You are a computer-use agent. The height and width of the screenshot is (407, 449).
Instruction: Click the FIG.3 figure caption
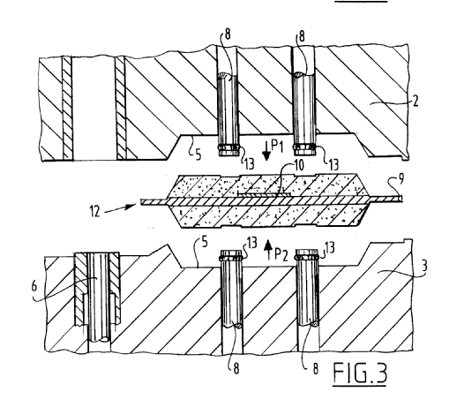pos(360,373)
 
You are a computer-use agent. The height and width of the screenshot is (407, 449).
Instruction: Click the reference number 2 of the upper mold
pos(415,102)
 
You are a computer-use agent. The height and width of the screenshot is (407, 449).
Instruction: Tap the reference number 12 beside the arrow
pos(95,211)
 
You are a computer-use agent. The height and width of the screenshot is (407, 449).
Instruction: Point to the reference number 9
pos(400,178)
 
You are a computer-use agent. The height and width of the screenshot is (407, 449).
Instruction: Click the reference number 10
pos(298,165)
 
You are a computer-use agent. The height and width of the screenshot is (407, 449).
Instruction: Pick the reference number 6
pos(34,286)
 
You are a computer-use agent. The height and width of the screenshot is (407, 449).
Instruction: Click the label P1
pos(277,147)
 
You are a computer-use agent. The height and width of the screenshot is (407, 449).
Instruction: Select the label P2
pos(281,255)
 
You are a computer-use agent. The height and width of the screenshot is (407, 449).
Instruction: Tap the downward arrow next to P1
pos(266,151)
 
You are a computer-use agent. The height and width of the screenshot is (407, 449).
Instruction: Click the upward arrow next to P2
pos(268,250)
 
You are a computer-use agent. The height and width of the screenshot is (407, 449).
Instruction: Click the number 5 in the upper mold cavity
pos(198,155)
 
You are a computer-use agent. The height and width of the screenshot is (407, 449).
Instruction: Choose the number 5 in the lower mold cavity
pos(205,242)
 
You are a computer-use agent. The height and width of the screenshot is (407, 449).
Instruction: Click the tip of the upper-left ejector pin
pos(228,155)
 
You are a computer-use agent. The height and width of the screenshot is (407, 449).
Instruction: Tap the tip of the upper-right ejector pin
pos(304,155)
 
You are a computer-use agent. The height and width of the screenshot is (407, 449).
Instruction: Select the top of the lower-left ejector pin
pos(231,251)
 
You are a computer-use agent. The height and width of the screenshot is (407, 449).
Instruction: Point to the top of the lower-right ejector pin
pos(307,250)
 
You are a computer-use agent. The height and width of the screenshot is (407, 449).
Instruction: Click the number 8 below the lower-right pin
pos(315,368)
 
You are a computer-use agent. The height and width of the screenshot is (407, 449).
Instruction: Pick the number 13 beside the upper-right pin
pos(333,164)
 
